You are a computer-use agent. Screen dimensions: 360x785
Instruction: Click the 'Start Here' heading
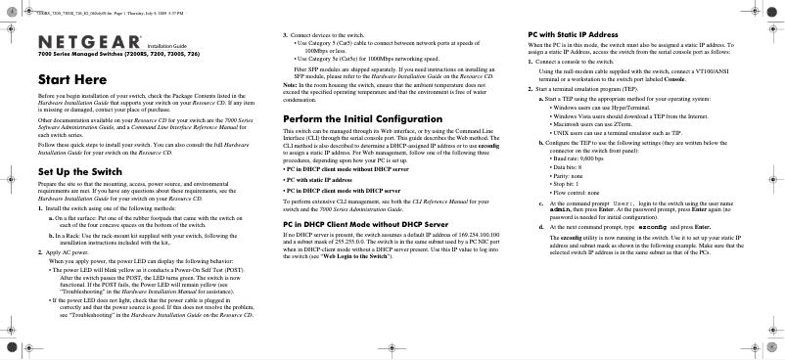coord(67,77)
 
